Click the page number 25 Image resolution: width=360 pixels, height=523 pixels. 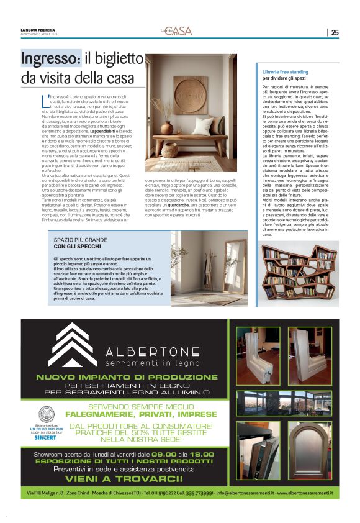(x=335, y=32)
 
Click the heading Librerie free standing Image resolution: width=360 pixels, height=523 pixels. (x=286, y=72)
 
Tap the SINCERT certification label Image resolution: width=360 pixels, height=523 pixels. (x=47, y=437)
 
